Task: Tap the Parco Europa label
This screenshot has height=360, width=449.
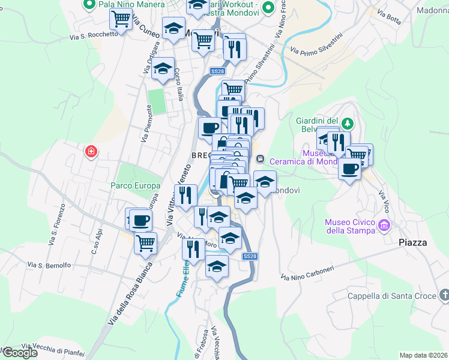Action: [135, 185]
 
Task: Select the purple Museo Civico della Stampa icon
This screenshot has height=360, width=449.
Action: [384, 226]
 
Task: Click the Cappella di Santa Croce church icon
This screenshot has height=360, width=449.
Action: [444, 295]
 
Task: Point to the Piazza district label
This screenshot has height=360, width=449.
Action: [413, 242]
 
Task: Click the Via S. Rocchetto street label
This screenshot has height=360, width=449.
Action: [94, 35]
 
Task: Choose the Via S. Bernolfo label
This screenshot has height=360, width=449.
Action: [49, 265]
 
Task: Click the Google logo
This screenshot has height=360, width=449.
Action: [20, 353]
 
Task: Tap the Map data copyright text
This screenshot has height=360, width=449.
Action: [423, 355]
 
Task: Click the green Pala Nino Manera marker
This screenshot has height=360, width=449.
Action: [90, 5]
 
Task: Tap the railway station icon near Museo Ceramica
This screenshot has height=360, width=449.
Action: [260, 159]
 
